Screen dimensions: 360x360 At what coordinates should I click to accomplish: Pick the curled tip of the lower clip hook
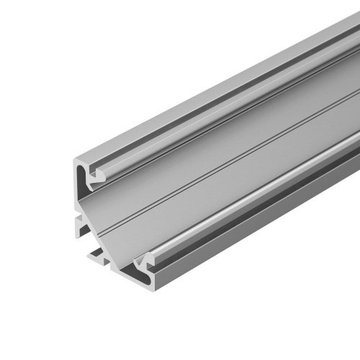coord(148,256)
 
